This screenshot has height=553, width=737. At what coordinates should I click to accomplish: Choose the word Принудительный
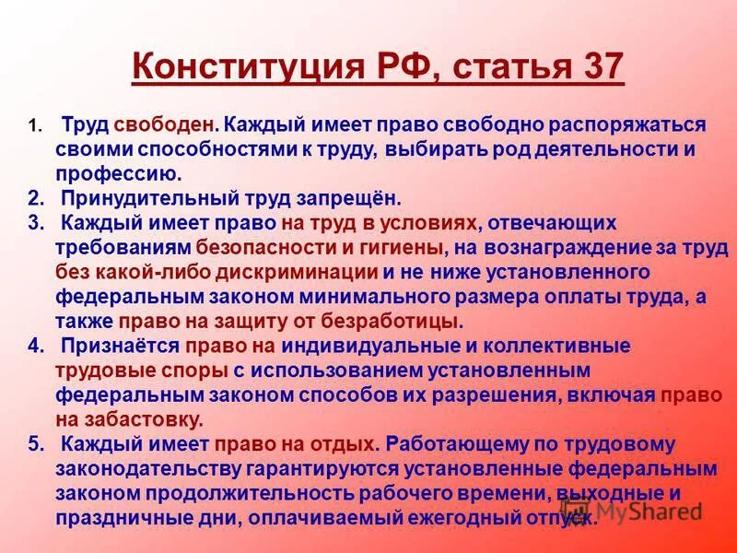pyautogui.click(x=146, y=197)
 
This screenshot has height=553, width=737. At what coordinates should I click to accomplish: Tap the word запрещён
pyautogui.click(x=337, y=197)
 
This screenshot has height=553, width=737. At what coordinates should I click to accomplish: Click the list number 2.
pyautogui.click(x=35, y=197)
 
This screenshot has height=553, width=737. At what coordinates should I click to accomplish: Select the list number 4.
pyautogui.click(x=35, y=347)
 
